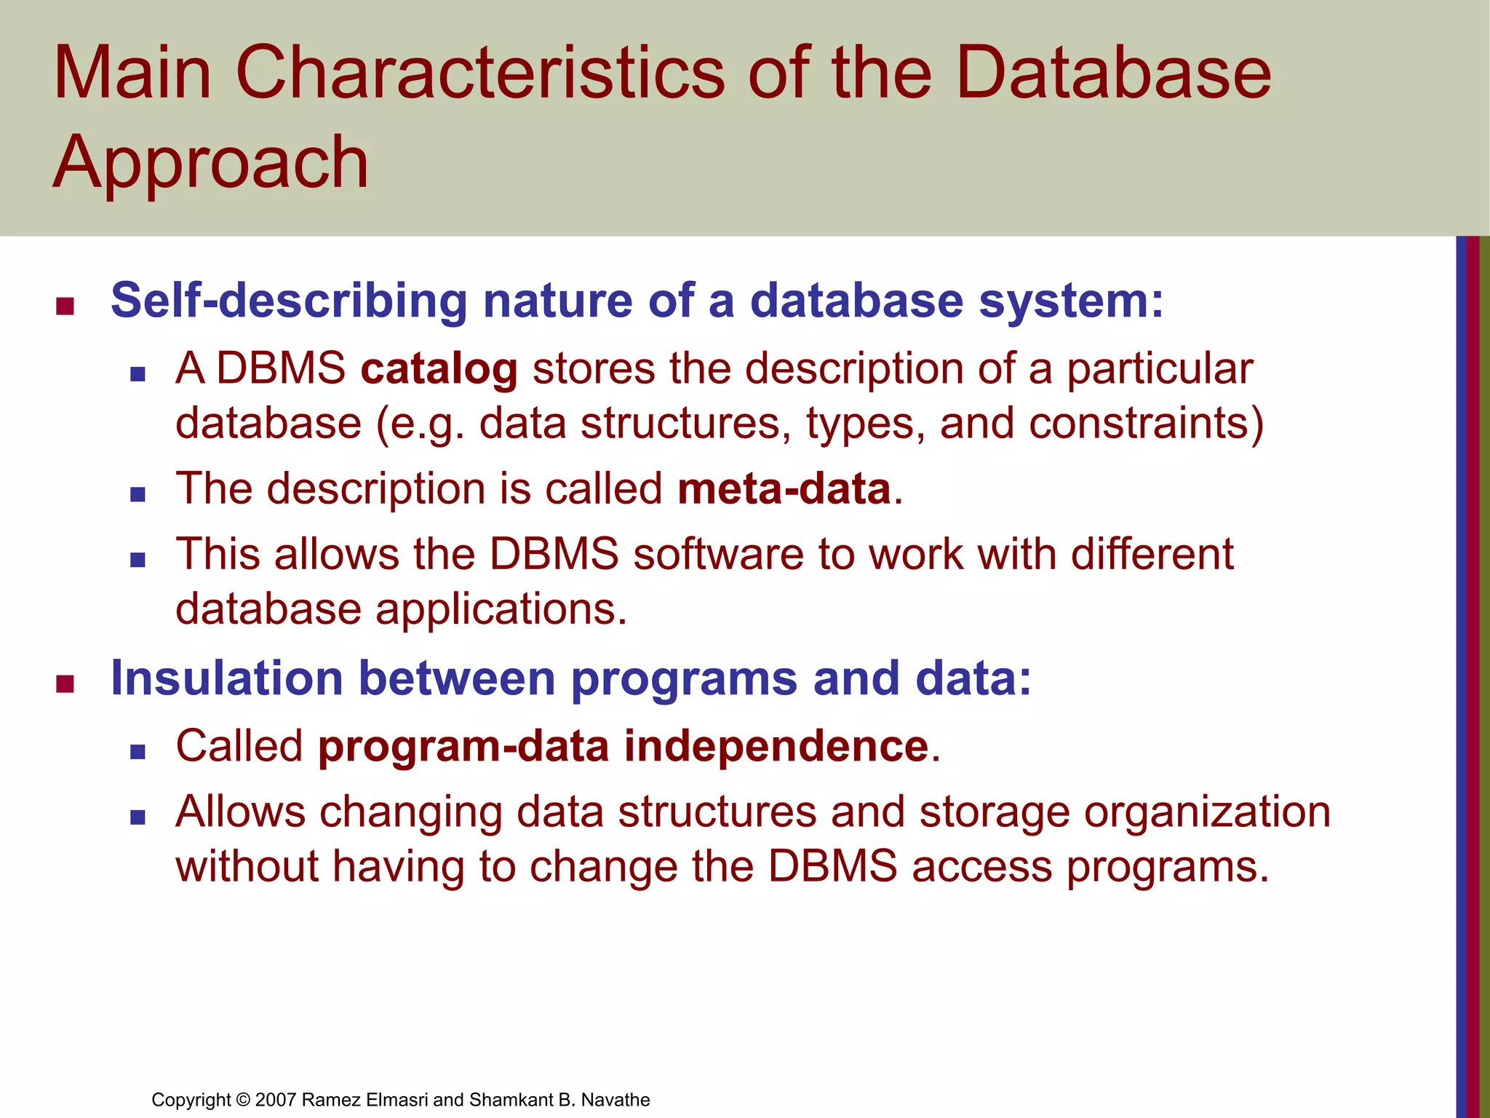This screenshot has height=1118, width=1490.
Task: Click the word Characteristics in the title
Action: coord(480,73)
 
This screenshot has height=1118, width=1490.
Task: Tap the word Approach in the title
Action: coord(211,163)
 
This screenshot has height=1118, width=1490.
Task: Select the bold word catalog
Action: coord(439,369)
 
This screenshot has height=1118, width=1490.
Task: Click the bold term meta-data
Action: coord(784,488)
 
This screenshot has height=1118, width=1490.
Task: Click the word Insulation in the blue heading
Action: coord(226,678)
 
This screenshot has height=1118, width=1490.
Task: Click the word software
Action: coord(717,555)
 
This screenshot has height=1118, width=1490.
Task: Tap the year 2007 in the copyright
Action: coord(276,1100)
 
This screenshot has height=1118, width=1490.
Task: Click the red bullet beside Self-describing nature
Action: coord(65,306)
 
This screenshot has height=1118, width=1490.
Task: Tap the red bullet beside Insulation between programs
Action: coord(65,683)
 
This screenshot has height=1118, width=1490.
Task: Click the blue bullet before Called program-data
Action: coord(138,752)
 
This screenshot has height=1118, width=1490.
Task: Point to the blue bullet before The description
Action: coord(138,494)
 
